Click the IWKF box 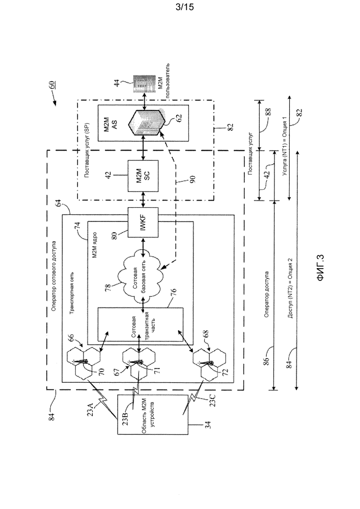[x=143, y=222]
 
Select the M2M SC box [x=143, y=175]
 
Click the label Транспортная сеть [x=73, y=292]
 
